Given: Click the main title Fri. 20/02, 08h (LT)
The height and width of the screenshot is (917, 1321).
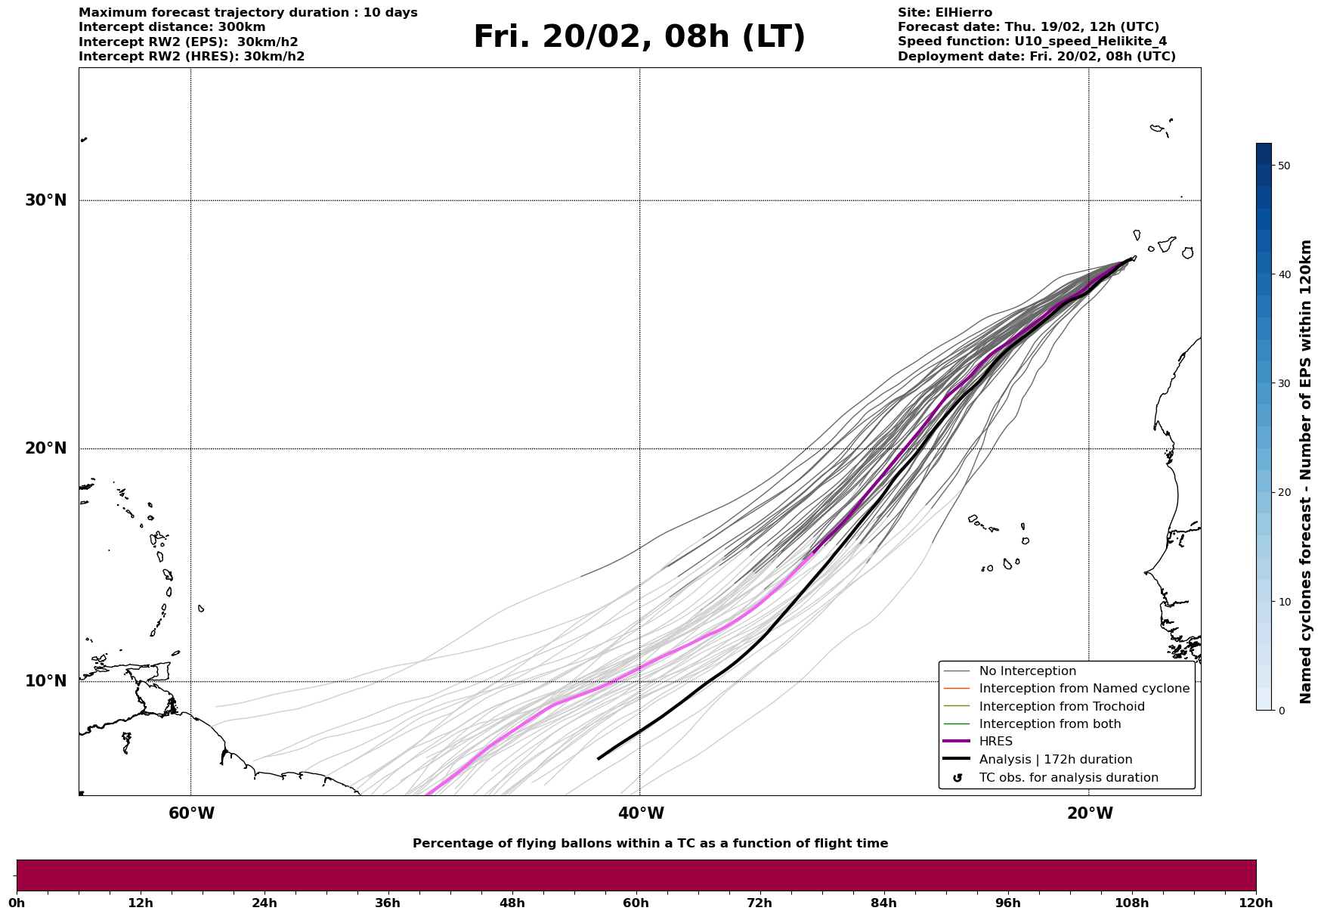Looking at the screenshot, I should coord(639,38).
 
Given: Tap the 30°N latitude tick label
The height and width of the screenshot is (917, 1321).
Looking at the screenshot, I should coord(46,200).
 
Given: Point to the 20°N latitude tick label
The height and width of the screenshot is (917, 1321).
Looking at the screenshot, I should coord(46,448).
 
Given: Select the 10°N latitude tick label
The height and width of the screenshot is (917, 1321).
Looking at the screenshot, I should coord(46,681).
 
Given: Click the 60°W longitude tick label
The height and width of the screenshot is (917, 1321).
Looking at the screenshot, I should coord(191,813).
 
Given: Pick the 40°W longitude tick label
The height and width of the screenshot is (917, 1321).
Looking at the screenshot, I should coord(641,813).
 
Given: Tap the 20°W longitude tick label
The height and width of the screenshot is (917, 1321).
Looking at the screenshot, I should coord(1090,813).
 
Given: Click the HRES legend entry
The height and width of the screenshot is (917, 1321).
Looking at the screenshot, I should coord(995,742).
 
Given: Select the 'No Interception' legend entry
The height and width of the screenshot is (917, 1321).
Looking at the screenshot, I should coord(1027,671).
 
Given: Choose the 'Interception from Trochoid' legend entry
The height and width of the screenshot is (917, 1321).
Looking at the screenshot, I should coord(1061,707).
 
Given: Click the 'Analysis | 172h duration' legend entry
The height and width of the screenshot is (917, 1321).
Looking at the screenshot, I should coord(1055,760).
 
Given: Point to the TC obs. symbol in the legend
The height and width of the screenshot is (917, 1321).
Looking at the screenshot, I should coord(957,778).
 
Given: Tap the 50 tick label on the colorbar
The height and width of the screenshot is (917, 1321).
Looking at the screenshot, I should coord(1283,166).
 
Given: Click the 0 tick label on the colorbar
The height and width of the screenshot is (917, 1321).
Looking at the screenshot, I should coord(1279,711).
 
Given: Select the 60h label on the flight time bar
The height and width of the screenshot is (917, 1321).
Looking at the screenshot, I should coord(636,903).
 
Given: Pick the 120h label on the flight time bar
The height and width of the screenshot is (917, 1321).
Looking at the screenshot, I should coord(1256,903).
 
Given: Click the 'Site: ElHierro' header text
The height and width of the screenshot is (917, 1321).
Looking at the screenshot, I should coord(945,13).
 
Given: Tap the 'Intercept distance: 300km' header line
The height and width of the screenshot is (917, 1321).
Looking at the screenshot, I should coord(172,27).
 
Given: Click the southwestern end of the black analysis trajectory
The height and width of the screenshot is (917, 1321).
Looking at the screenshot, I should coord(599,758).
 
